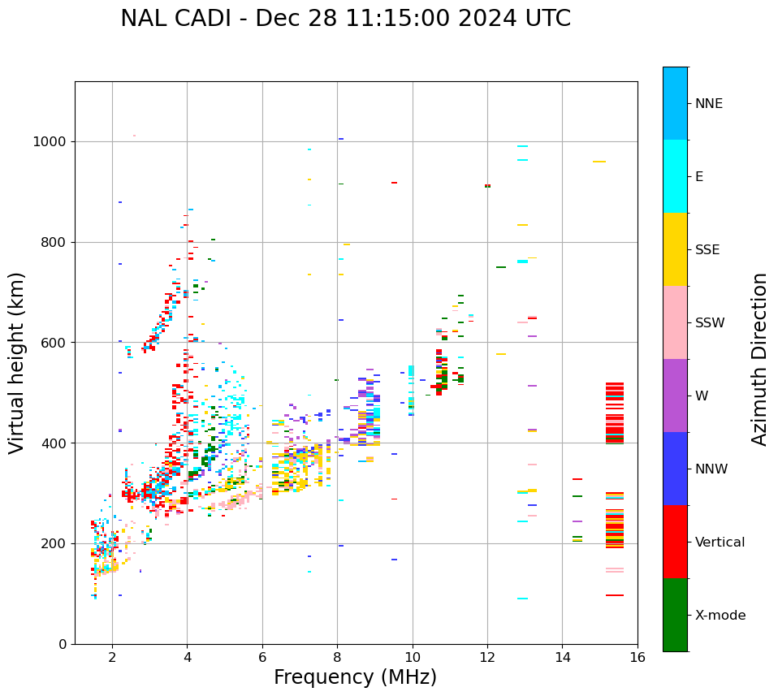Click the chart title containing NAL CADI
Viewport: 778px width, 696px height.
pyautogui.click(x=345, y=19)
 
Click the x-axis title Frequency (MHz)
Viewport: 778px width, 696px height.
pyautogui.click(x=355, y=677)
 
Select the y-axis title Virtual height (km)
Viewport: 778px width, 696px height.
pyautogui.click(x=17, y=362)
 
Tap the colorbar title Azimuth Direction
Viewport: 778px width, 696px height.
pyautogui.click(x=759, y=359)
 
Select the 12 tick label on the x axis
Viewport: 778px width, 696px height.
pyautogui.click(x=487, y=657)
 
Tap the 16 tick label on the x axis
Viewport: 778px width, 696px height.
pyautogui.click(x=638, y=657)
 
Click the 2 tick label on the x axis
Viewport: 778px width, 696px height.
pyautogui.click(x=112, y=657)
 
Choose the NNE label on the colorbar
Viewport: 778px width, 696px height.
pyautogui.click(x=708, y=104)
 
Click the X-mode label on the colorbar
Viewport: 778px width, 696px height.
pyautogui.click(x=720, y=616)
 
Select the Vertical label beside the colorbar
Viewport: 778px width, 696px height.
pyautogui.click(x=720, y=543)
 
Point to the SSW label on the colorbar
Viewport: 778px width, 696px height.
pyautogui.click(x=709, y=323)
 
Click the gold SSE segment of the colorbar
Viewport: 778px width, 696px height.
pyautogui.click(x=675, y=249)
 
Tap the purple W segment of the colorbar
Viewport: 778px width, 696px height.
pyautogui.click(x=675, y=396)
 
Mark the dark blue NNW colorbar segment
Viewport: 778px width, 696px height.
pyautogui.click(x=675, y=469)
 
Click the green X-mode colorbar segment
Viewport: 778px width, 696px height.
pyautogui.click(x=675, y=615)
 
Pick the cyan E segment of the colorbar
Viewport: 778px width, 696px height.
pyautogui.click(x=675, y=176)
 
